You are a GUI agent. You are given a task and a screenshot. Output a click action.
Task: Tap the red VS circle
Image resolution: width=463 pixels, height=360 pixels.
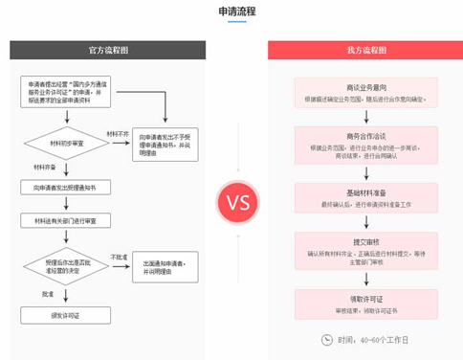tap(233, 202)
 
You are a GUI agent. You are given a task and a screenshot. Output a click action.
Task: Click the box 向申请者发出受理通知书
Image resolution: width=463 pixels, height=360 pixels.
tap(65, 189)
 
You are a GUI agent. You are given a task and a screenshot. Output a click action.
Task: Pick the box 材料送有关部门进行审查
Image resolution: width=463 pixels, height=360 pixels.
tap(65, 220)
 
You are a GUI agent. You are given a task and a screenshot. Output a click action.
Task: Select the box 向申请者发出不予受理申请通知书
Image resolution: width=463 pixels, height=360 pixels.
tap(164, 144)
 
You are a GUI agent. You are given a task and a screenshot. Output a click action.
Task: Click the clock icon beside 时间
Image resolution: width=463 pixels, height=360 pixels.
tap(325, 340)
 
